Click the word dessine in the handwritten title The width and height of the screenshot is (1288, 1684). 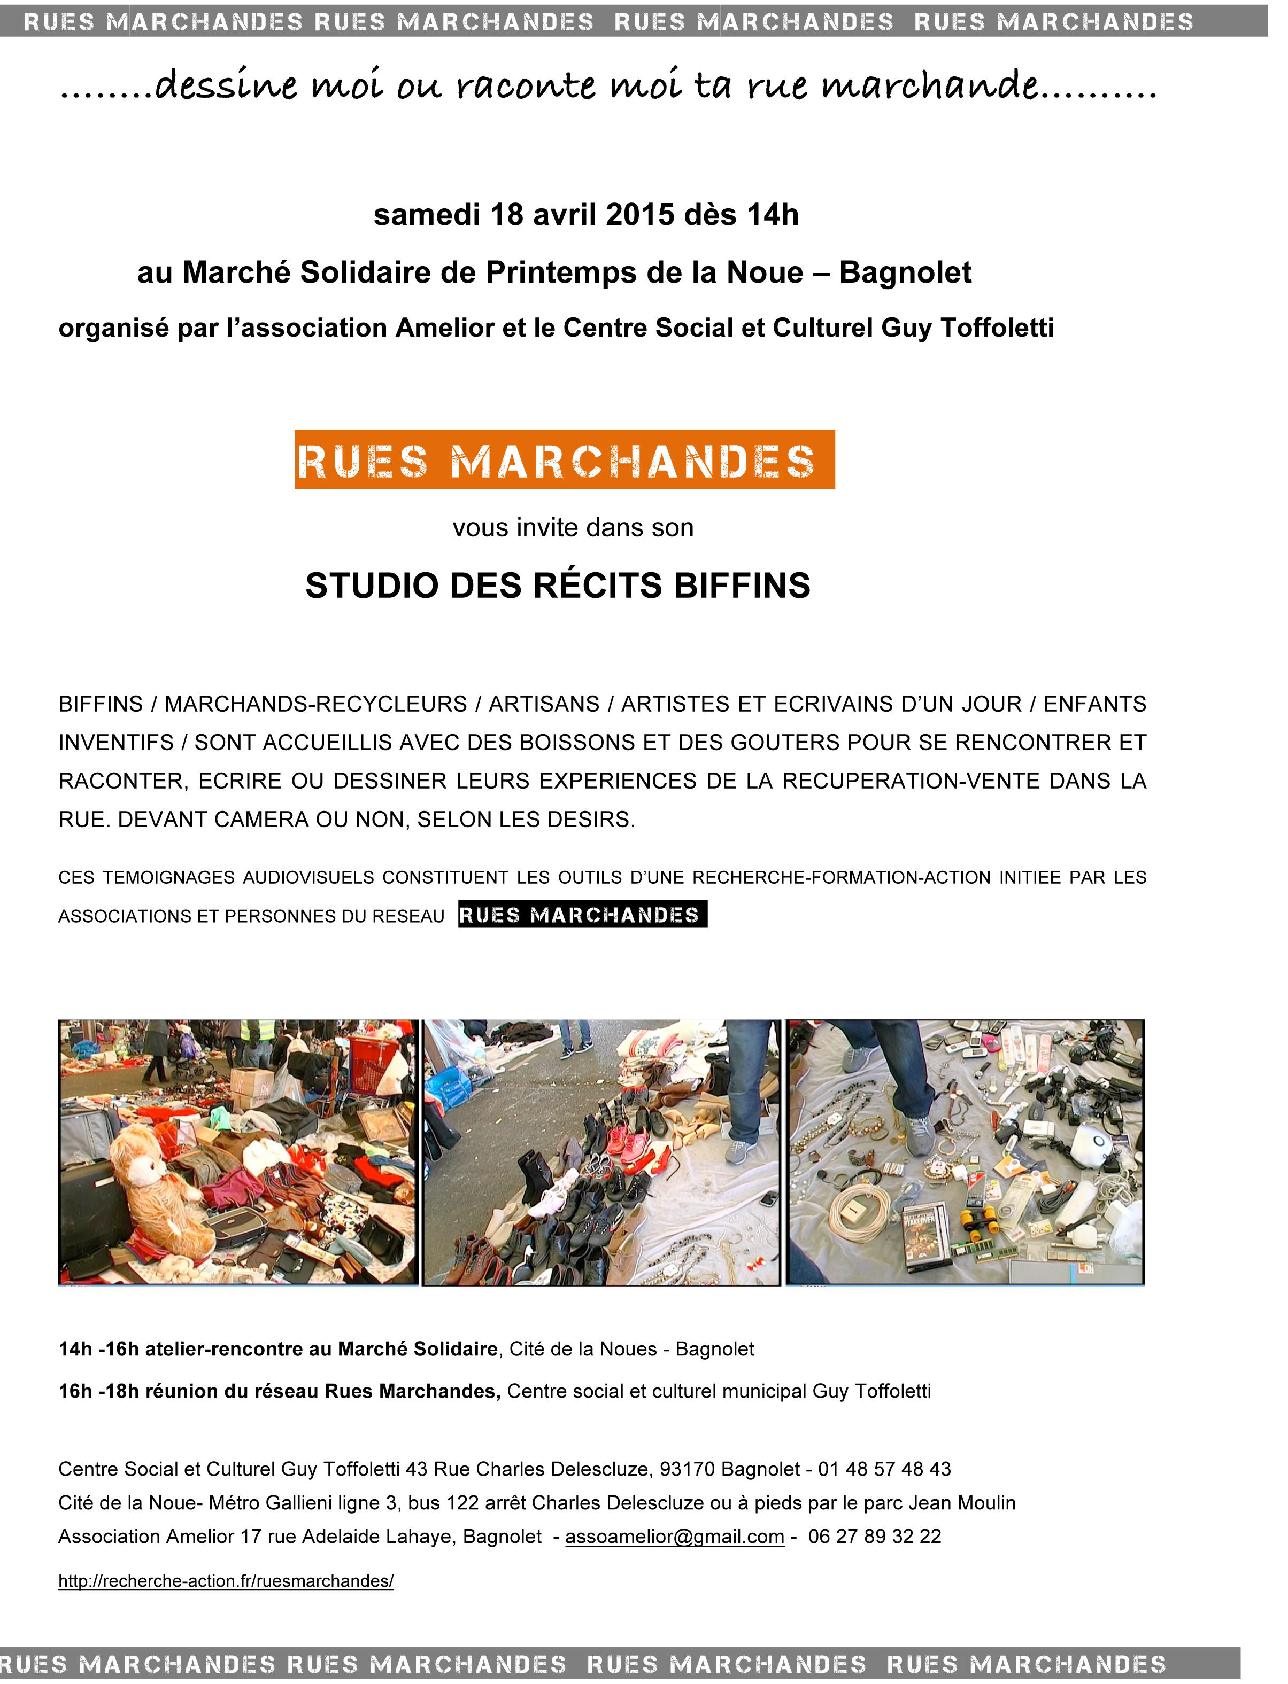[x=226, y=86]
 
